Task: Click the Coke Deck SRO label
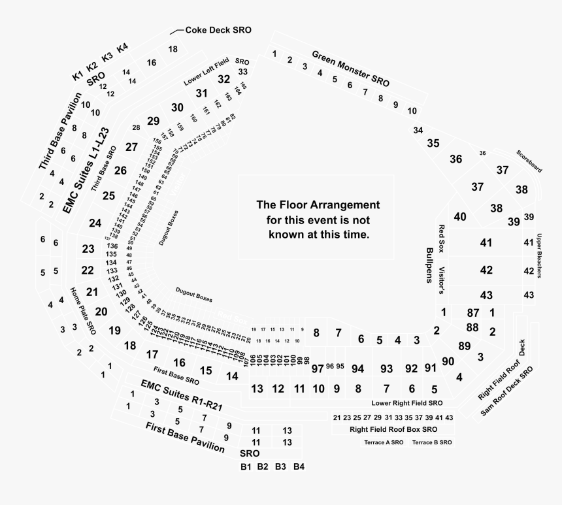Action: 218,30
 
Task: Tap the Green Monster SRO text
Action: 350,69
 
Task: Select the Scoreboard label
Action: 529,161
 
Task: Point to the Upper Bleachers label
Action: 540,256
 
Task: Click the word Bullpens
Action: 430,266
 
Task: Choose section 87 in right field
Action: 473,313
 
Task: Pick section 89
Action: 465,346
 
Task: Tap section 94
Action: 357,368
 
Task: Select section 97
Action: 318,368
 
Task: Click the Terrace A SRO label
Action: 384,442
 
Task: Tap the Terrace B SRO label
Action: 432,442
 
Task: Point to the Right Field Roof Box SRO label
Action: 393,429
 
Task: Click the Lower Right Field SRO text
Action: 407,403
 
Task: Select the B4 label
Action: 299,466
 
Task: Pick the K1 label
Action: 78,76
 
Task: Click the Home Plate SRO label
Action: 82,311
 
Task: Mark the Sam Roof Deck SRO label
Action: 507,393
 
